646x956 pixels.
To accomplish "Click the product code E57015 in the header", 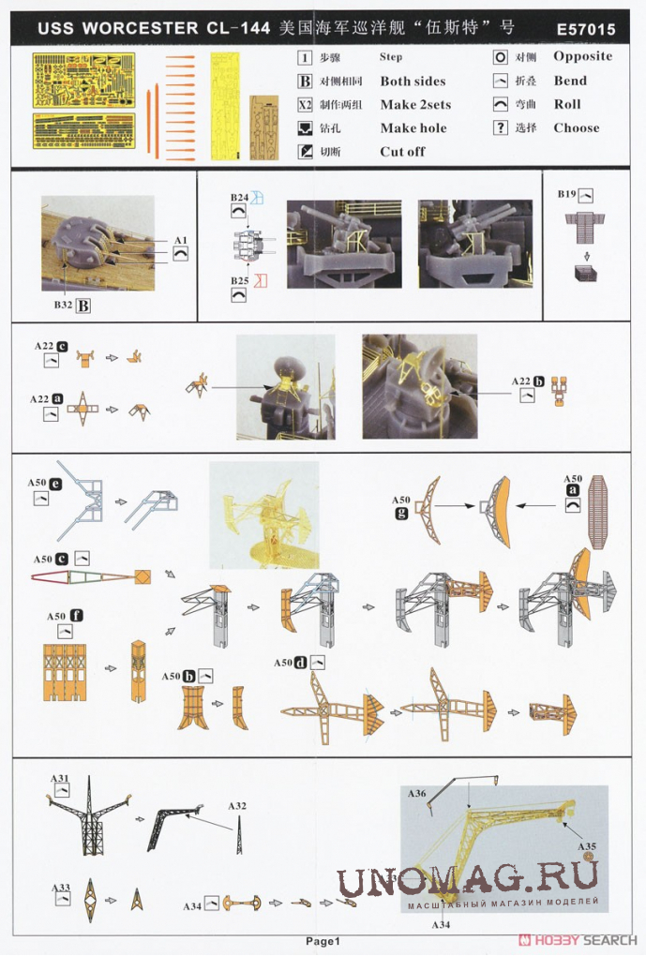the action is pyautogui.click(x=586, y=29).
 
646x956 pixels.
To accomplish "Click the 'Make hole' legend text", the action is pyautogui.click(x=413, y=128).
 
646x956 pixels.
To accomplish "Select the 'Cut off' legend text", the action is pyautogui.click(x=402, y=151).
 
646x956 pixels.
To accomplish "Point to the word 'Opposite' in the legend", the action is pyautogui.click(x=582, y=56).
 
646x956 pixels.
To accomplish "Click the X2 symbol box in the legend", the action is pyautogui.click(x=305, y=104).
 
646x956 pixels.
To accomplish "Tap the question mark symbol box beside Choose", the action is pyautogui.click(x=501, y=127).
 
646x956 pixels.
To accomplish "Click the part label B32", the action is pyautogui.click(x=63, y=305).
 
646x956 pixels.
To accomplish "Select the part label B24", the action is pyautogui.click(x=239, y=198).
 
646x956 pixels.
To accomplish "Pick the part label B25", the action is pyautogui.click(x=239, y=280).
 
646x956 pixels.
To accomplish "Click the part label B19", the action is pyautogui.click(x=566, y=194).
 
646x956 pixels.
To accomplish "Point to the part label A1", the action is pyautogui.click(x=181, y=240).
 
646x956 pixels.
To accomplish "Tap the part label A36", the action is pyautogui.click(x=416, y=793).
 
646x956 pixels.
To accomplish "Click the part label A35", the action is pyautogui.click(x=587, y=846).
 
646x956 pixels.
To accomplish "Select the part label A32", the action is pyautogui.click(x=237, y=806).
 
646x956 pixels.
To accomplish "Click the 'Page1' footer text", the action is pyautogui.click(x=323, y=941).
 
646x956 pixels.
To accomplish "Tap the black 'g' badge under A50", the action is pyautogui.click(x=400, y=513).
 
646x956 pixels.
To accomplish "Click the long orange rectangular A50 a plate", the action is pyautogui.click(x=596, y=512).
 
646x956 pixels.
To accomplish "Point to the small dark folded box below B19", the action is pyautogui.click(x=586, y=272).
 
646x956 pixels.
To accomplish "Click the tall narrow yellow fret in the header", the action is pyautogui.click(x=225, y=107).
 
